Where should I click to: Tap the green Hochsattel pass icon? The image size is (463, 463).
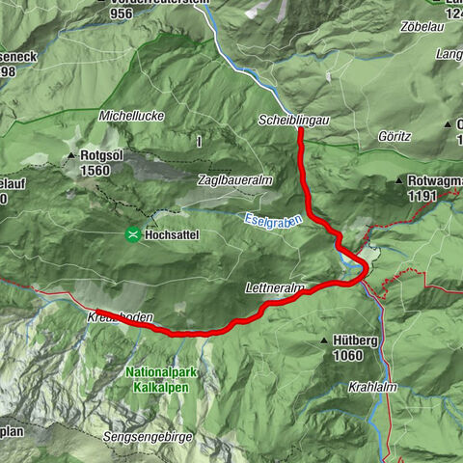[x=132, y=232]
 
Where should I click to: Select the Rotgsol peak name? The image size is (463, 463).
[x=103, y=156]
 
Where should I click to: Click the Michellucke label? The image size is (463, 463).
[x=131, y=116]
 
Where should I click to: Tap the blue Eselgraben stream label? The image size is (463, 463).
[x=273, y=220]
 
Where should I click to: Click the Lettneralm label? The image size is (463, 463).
[x=274, y=288]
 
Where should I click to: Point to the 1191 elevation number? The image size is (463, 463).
[x=422, y=195]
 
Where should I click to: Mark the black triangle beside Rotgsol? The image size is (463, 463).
[x=72, y=156]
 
